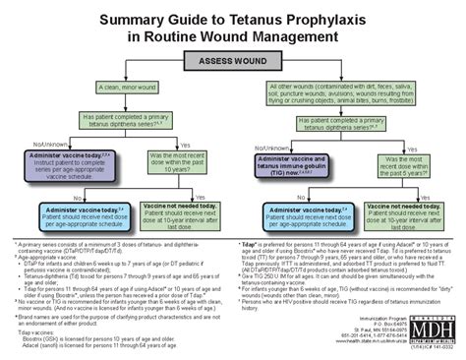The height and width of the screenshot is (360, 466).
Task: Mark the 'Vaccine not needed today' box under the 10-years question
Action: coord(182,212)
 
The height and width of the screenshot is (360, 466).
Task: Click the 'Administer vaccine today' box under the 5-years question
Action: coord(296,212)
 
